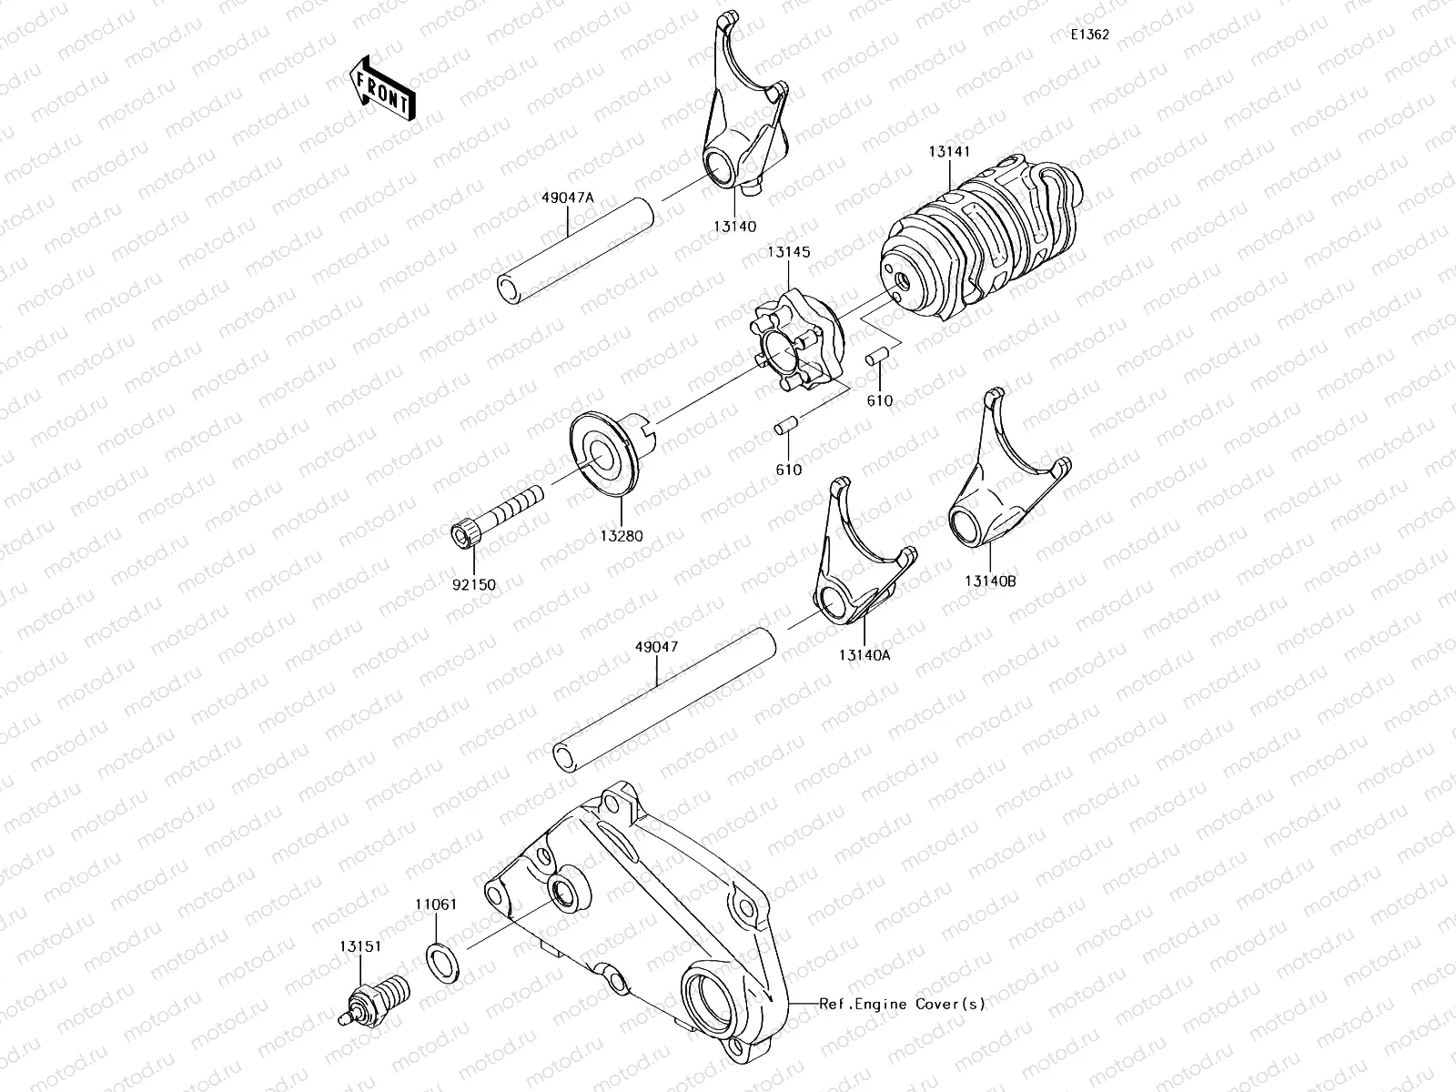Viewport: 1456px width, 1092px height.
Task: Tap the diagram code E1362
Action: [1089, 35]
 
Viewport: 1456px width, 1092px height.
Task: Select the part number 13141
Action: [948, 154]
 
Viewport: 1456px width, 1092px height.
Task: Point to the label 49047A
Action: [567, 197]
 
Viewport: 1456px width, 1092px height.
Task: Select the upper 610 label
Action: [879, 400]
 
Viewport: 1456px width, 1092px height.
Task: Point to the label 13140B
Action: [990, 581]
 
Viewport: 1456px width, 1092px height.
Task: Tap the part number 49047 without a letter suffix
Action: [658, 647]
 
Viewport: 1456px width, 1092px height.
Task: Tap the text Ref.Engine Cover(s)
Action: [902, 1005]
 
